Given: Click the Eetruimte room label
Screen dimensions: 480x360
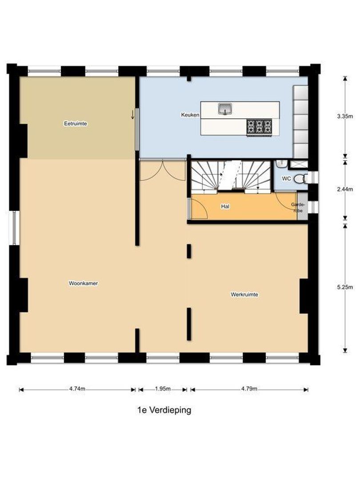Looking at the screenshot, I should [x=75, y=124].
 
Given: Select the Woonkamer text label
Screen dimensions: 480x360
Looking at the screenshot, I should [x=83, y=283].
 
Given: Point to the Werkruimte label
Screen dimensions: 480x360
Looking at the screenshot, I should [x=244, y=295].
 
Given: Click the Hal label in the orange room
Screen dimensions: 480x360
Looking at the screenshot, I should [x=225, y=207].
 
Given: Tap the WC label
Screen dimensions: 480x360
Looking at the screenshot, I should [x=287, y=179].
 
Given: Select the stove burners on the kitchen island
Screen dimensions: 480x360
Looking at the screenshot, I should [x=260, y=126].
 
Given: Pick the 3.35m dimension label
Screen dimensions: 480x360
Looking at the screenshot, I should [x=345, y=116].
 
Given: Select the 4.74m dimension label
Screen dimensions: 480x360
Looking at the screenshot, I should [x=77, y=389].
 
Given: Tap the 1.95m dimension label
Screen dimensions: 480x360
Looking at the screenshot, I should [x=163, y=389].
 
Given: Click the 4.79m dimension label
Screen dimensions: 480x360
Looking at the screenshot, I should [x=249, y=389].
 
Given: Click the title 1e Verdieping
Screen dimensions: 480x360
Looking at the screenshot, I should [x=164, y=410].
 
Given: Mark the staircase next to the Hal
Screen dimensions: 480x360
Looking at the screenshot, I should [x=231, y=176].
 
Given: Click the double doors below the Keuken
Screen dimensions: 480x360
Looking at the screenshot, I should [x=163, y=170].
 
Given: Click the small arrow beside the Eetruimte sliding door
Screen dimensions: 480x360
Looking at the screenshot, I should [x=132, y=115].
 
